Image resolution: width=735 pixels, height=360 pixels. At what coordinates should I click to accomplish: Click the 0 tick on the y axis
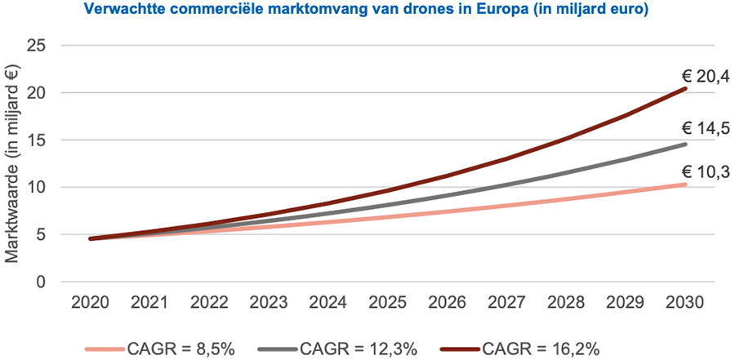point(38,282)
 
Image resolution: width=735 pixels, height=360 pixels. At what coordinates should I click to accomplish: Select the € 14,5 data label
point(706,129)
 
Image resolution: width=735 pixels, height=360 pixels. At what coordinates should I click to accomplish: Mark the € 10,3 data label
point(706,171)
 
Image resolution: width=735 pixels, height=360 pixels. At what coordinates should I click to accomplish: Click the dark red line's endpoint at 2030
point(685,88)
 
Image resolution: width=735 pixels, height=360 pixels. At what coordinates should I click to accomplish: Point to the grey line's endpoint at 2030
point(685,144)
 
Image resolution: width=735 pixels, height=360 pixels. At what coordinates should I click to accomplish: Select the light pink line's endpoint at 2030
point(685,184)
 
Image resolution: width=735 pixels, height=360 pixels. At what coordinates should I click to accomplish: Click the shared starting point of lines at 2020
point(91,239)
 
